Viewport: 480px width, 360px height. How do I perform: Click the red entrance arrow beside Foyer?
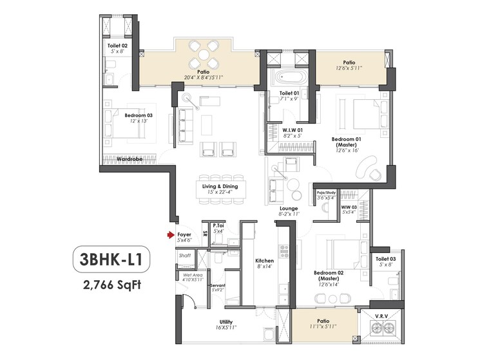(x=171, y=236)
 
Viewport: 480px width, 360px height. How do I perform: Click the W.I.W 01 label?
(x=293, y=129)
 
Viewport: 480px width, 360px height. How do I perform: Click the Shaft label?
(x=185, y=256)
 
